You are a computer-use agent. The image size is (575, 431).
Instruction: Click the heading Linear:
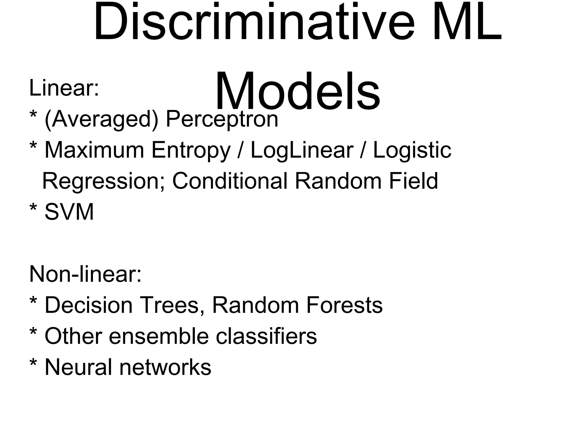coord(64,88)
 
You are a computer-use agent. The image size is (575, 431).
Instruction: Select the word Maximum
coord(94,150)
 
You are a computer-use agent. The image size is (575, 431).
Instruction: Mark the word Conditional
coord(230,181)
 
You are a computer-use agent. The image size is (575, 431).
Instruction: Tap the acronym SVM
coord(69,212)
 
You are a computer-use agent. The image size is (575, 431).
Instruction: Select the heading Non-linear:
coord(85,274)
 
